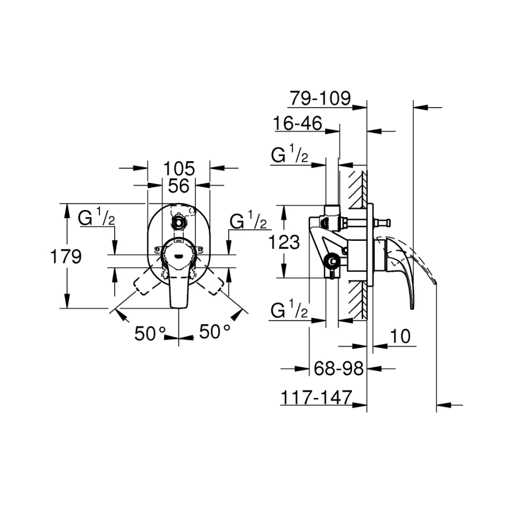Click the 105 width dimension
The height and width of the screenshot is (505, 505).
(178, 169)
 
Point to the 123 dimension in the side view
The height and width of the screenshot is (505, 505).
(284, 241)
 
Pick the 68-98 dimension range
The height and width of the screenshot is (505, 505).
(338, 368)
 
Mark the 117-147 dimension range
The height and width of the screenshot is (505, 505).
(316, 397)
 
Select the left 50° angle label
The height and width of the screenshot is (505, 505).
(150, 333)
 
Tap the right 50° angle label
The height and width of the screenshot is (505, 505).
(215, 332)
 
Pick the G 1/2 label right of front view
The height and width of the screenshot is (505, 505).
(248, 221)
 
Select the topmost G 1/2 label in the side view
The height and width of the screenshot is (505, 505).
(290, 156)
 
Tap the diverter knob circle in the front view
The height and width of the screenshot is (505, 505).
(179, 222)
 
